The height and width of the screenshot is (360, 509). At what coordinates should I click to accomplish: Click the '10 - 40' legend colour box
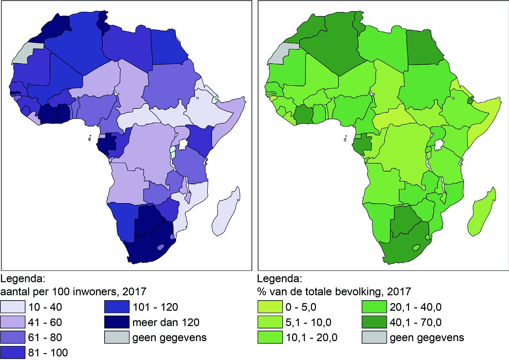13,307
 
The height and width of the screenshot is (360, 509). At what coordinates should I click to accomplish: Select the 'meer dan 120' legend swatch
117,322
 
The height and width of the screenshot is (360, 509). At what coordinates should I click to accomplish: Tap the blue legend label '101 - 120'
155,307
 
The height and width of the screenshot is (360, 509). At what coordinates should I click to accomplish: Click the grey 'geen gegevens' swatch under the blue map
117,337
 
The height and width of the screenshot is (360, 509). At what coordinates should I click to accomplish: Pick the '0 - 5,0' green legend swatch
270,307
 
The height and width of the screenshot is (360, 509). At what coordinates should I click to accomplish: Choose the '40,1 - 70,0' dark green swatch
374,322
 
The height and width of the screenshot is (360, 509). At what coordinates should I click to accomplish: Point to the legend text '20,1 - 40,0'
416,307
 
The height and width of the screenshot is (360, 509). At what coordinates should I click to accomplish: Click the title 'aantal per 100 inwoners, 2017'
73,291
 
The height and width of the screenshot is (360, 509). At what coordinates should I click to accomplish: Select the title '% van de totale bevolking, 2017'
334,291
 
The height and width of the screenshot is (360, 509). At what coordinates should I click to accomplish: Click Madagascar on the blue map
225,212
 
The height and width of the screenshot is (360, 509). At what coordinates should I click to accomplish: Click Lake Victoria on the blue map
184,144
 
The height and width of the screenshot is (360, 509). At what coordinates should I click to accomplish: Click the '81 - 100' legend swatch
13,352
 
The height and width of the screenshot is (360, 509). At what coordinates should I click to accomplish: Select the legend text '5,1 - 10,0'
308,322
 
